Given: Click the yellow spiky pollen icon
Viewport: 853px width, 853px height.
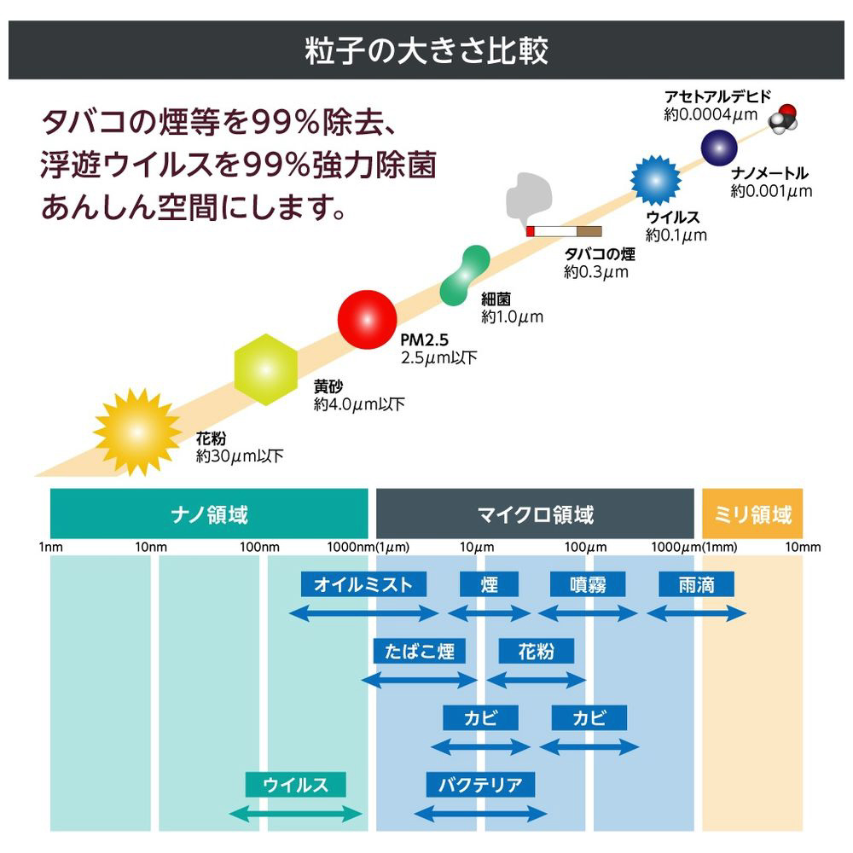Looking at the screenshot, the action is [x=137, y=432].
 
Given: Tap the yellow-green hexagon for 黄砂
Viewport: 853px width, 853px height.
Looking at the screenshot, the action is [x=265, y=369].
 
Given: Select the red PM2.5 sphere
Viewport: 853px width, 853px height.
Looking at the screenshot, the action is [x=367, y=319].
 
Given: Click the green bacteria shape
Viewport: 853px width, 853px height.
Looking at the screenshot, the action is [x=465, y=276].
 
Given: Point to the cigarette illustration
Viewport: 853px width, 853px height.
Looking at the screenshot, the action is [x=564, y=231].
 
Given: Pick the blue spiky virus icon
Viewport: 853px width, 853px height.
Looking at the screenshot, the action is [x=655, y=180].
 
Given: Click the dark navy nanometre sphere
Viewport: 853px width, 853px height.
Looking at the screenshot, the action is [x=718, y=148].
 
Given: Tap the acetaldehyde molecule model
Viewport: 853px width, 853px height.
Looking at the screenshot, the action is [x=783, y=119].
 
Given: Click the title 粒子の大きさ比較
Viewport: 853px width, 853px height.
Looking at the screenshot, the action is [x=426, y=50].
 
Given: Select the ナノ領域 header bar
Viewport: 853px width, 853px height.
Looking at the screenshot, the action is [x=209, y=514].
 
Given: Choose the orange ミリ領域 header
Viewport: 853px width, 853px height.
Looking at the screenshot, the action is [x=752, y=514].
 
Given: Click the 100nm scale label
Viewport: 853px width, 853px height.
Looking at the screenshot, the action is [x=259, y=548].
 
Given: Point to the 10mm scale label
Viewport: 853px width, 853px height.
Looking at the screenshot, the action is [x=803, y=548].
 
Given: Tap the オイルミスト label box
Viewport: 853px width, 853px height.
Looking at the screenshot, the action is [x=363, y=584].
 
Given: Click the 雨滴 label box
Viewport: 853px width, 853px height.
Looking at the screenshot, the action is [x=696, y=584].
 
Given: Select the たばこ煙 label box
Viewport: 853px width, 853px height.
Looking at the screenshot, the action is [x=420, y=651].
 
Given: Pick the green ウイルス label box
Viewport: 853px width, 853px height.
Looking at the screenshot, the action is [x=295, y=785].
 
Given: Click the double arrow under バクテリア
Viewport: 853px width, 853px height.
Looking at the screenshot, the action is [x=480, y=815].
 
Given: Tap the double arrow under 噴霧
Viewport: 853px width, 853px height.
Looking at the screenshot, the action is [x=588, y=614].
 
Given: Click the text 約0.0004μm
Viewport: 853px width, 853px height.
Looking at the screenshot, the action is [x=711, y=115].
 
